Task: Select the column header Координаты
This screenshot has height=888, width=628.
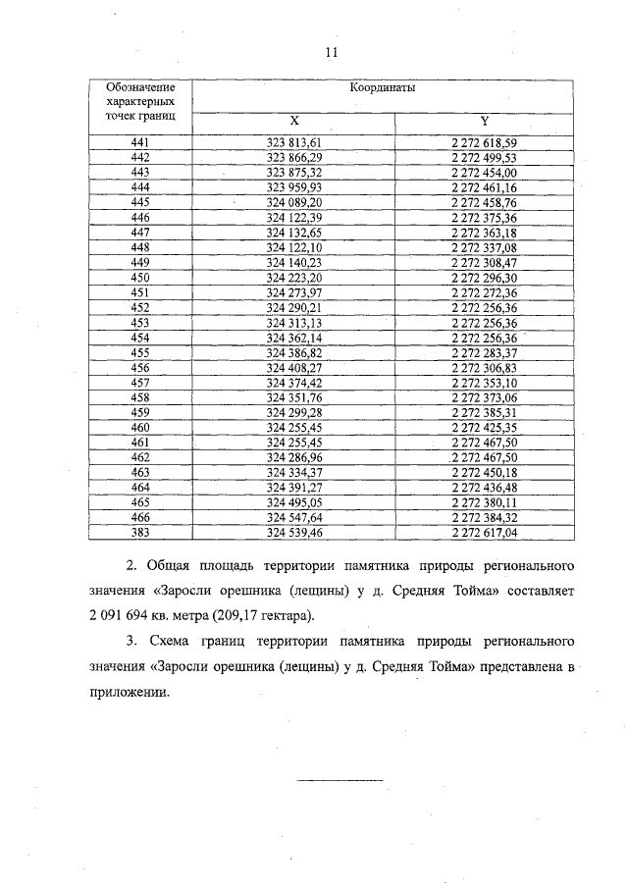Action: pos(382,87)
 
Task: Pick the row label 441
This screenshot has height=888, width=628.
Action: pos(139,143)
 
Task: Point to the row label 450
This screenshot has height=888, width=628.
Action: pos(139,278)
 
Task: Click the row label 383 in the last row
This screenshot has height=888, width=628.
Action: pos(139,532)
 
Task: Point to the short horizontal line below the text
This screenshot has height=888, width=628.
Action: pos(340,780)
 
